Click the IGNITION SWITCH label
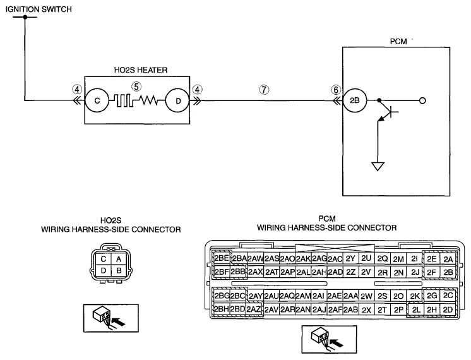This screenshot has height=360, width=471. (x=39, y=9)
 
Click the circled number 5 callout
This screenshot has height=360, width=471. (x=136, y=87)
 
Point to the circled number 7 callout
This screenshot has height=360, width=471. (x=264, y=90)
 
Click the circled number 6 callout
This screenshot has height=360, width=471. (x=336, y=90)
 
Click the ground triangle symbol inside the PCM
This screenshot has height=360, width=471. (x=378, y=166)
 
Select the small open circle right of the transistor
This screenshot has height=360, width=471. (x=422, y=100)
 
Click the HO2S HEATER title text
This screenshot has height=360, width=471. (x=141, y=70)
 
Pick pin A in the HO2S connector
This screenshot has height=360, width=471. (x=119, y=259)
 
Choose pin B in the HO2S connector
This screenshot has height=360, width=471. (x=119, y=270)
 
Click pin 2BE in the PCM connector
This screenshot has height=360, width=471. (x=222, y=258)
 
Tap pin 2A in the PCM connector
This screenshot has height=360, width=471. (x=448, y=259)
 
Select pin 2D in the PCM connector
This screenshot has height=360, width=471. (x=448, y=310)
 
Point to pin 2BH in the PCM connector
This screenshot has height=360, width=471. (x=222, y=309)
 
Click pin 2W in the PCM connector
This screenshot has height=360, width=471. (x=366, y=296)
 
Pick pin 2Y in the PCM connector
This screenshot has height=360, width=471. (x=350, y=258)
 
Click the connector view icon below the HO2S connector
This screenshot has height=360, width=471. (x=111, y=318)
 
